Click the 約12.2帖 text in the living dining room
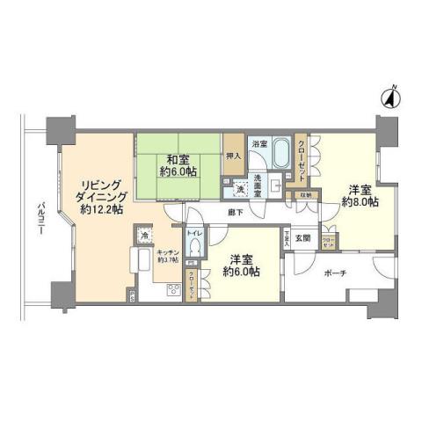point(98,210)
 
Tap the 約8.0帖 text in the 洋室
point(360,201)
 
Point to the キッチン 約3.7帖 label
point(168,256)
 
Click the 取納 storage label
point(304,194)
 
